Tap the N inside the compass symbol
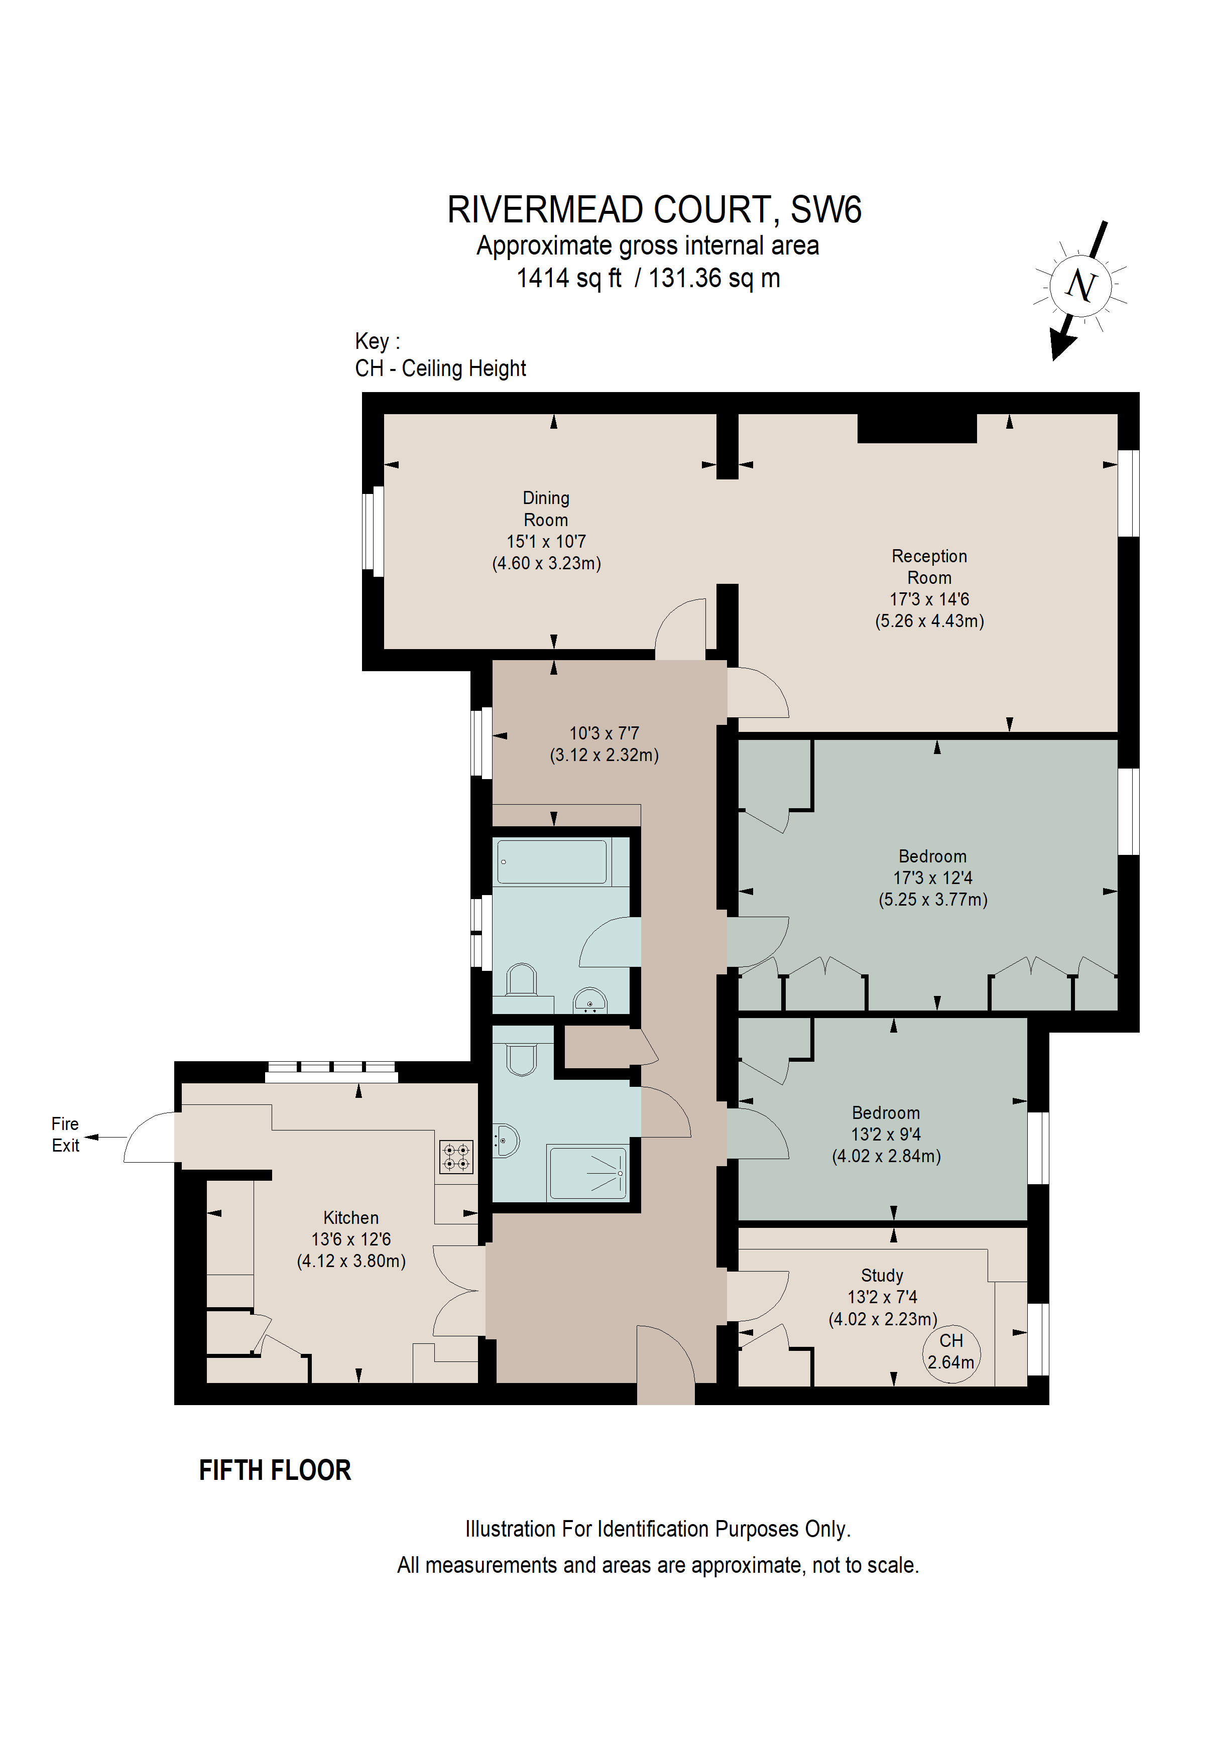(x=1080, y=286)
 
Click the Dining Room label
(x=545, y=509)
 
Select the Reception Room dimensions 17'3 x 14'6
(x=929, y=599)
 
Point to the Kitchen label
(x=351, y=1217)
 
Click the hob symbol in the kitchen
(x=456, y=1157)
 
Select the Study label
(x=882, y=1276)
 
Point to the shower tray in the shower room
(x=588, y=1173)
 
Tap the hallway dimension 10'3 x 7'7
(x=604, y=733)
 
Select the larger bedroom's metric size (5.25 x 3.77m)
(x=933, y=900)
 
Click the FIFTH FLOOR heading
(x=275, y=1470)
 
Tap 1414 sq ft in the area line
(x=568, y=278)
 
